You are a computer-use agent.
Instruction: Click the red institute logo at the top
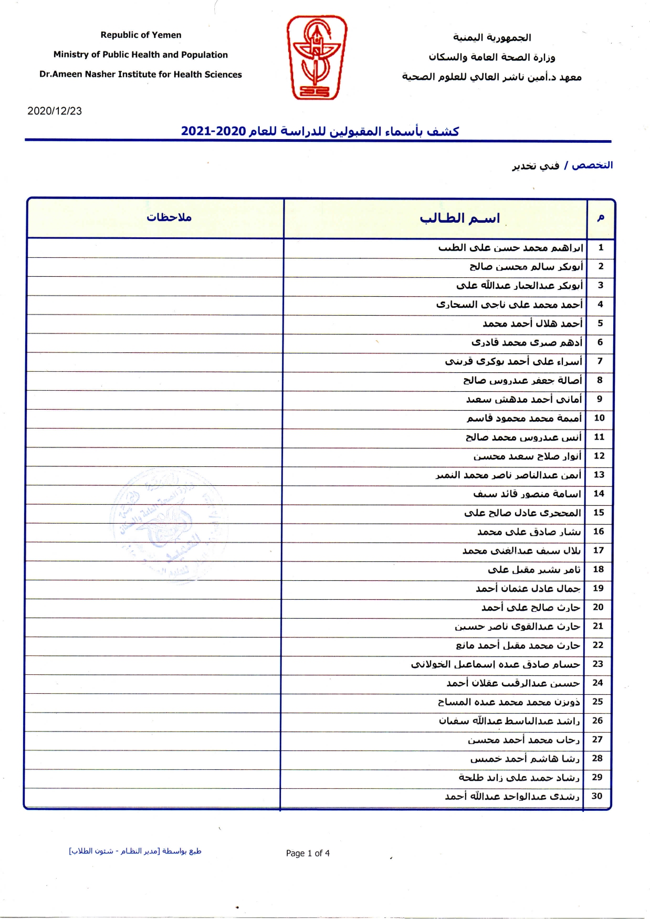(316, 57)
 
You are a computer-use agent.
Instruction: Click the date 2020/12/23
(55, 111)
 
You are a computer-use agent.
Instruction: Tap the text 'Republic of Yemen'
(141, 35)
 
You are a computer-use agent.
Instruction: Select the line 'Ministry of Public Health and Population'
(141, 55)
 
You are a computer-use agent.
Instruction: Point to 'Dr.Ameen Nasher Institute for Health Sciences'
(141, 75)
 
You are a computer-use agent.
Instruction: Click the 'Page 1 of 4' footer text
(308, 853)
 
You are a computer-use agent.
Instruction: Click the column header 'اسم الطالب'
(459, 218)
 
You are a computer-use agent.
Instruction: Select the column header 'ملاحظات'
(169, 217)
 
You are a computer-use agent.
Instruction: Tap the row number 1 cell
(601, 247)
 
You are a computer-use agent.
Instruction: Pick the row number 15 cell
(599, 513)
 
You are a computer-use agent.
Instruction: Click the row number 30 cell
(597, 796)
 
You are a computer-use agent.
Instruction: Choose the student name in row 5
(532, 323)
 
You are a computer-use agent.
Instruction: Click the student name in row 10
(524, 418)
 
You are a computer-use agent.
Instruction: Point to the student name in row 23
(495, 664)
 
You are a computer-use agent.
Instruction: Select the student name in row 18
(534, 569)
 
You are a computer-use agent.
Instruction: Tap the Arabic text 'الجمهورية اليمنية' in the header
(492, 37)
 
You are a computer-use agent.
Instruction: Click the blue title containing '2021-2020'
(320, 131)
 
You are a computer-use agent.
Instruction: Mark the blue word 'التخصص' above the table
(592, 165)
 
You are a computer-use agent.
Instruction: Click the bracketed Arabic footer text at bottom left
(135, 851)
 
